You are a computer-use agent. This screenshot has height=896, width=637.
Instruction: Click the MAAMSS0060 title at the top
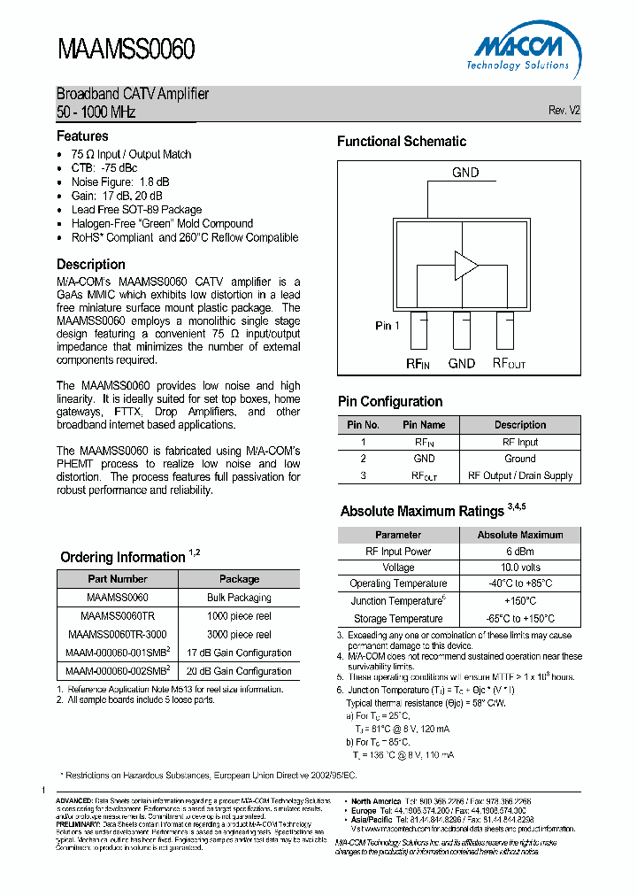pyautogui.click(x=126, y=49)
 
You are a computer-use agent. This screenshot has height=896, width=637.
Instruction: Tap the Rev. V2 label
pyautogui.click(x=564, y=110)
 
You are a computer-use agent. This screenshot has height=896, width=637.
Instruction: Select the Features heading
pyautogui.click(x=82, y=136)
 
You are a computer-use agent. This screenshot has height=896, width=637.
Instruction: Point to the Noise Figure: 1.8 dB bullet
pyautogui.click(x=119, y=182)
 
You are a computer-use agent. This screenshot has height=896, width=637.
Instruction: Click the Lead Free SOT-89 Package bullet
pyautogui.click(x=136, y=210)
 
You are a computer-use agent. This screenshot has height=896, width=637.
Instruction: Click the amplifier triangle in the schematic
pyautogui.click(x=465, y=264)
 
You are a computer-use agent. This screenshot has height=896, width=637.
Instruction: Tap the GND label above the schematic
pyautogui.click(x=465, y=173)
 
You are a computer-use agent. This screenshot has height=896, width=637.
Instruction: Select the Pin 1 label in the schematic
pyautogui.click(x=388, y=326)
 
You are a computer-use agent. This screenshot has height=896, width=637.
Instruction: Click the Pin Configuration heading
pyautogui.click(x=390, y=401)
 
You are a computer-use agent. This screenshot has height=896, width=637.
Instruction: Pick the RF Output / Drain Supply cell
pyautogui.click(x=520, y=475)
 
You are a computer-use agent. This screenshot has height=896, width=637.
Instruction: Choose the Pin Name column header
pyautogui.click(x=424, y=425)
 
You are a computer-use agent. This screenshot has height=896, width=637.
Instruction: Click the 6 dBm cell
pyautogui.click(x=520, y=551)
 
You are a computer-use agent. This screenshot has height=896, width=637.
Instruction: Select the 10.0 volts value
pyautogui.click(x=520, y=568)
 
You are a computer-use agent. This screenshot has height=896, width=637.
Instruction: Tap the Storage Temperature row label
pyautogui.click(x=398, y=619)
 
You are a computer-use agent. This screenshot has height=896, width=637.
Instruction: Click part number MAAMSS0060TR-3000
pyautogui.click(x=118, y=635)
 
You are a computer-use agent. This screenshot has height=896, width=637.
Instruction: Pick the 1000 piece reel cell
pyautogui.click(x=239, y=616)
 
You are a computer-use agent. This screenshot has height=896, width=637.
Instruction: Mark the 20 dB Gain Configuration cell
pyautogui.click(x=239, y=671)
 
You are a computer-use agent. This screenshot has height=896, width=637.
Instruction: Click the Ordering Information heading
pyautogui.click(x=123, y=557)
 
